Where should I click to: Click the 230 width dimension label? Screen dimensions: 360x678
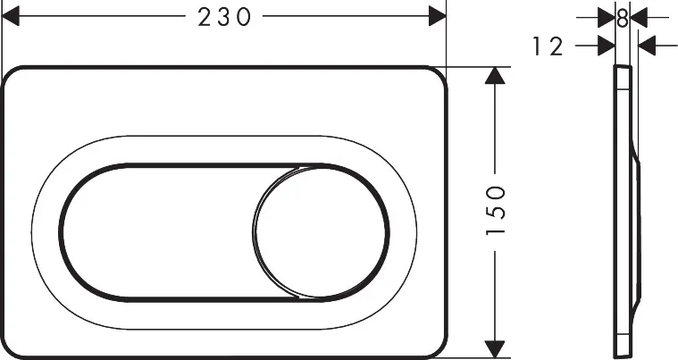click(x=222, y=16)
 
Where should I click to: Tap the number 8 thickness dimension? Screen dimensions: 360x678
click(x=623, y=16)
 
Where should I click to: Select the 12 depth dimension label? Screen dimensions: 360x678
click(x=548, y=46)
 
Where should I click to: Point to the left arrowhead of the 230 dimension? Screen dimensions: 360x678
click(x=11, y=16)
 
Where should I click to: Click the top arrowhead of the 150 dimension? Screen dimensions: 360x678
click(x=494, y=77)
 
